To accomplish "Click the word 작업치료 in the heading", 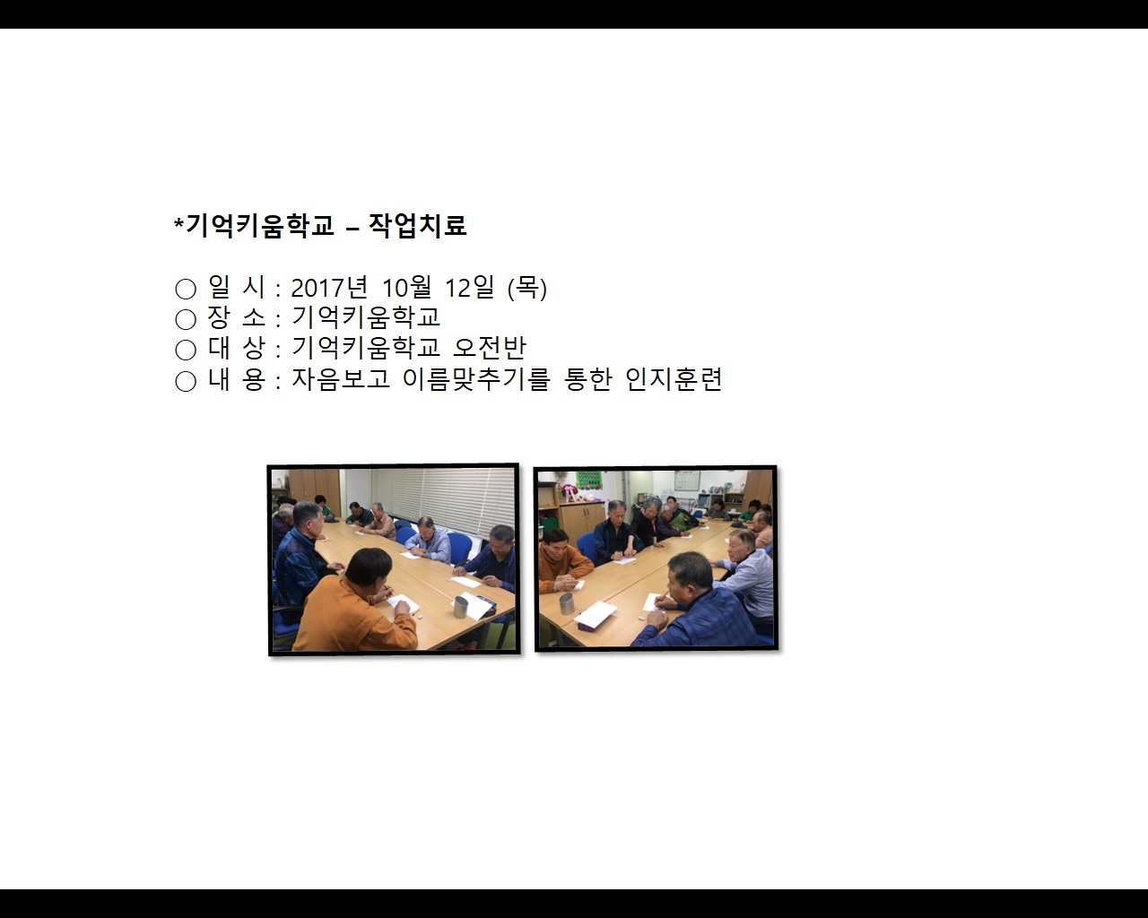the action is click(418, 225).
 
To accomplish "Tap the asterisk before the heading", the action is click(178, 222).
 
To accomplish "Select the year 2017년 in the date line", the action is click(329, 288).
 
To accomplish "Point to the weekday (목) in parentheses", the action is click(527, 288).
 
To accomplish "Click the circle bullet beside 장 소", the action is click(186, 319).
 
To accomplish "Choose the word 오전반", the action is click(489, 347).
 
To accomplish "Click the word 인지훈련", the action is click(674, 378).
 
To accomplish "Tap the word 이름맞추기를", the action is click(476, 378).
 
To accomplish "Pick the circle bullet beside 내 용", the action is click(186, 381).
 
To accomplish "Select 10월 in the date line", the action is click(407, 288).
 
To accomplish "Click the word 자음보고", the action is click(340, 378).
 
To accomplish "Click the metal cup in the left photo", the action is click(460, 608).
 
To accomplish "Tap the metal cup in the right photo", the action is click(567, 603).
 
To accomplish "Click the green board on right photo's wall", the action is click(589, 481).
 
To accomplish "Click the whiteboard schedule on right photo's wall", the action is click(687, 481).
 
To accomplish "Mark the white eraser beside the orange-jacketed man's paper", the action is click(419, 616).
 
